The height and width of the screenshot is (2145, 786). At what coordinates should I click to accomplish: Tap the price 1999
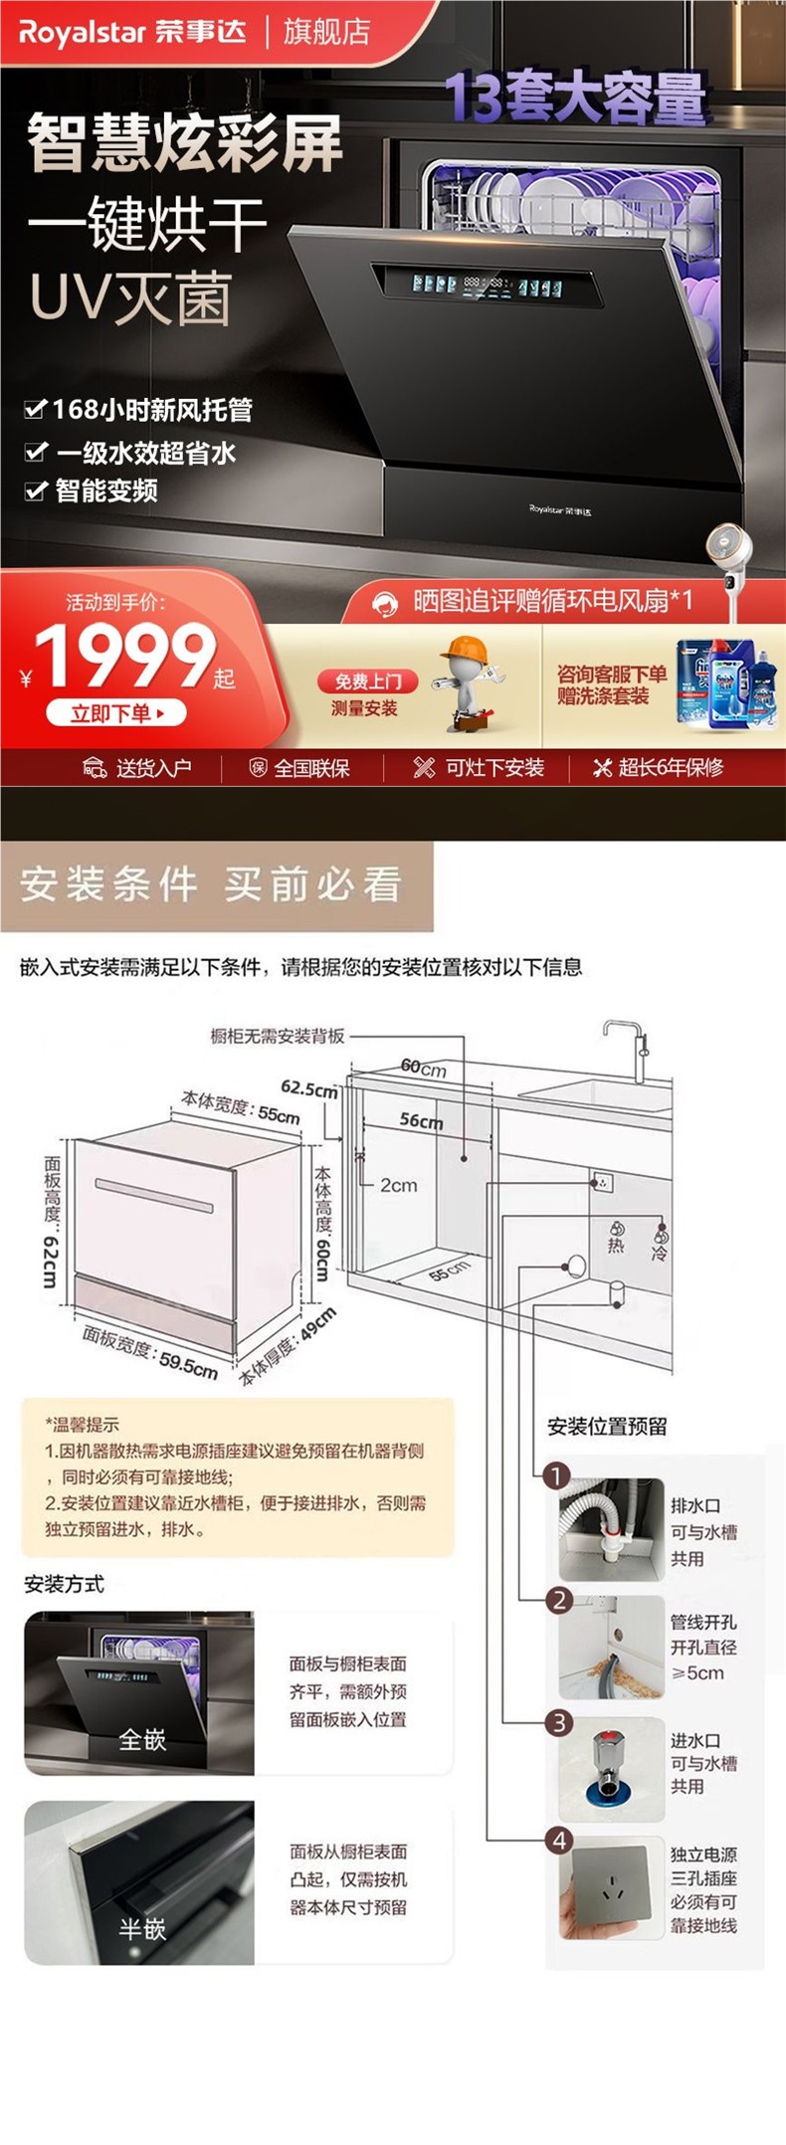[x=124, y=658]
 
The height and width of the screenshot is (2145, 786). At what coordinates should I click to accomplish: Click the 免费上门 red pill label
[x=367, y=682]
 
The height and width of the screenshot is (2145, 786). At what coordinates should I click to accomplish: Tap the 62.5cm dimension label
[x=308, y=1088]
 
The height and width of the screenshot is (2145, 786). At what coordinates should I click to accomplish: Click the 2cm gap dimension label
[x=398, y=1185]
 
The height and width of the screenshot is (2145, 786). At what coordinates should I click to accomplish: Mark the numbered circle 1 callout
[x=556, y=1475]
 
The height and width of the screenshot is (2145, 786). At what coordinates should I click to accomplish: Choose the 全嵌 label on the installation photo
[x=141, y=1739]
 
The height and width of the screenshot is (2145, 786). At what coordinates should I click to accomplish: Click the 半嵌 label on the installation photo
[x=141, y=1929]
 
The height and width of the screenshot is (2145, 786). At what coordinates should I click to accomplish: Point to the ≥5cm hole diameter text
[x=697, y=1673]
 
